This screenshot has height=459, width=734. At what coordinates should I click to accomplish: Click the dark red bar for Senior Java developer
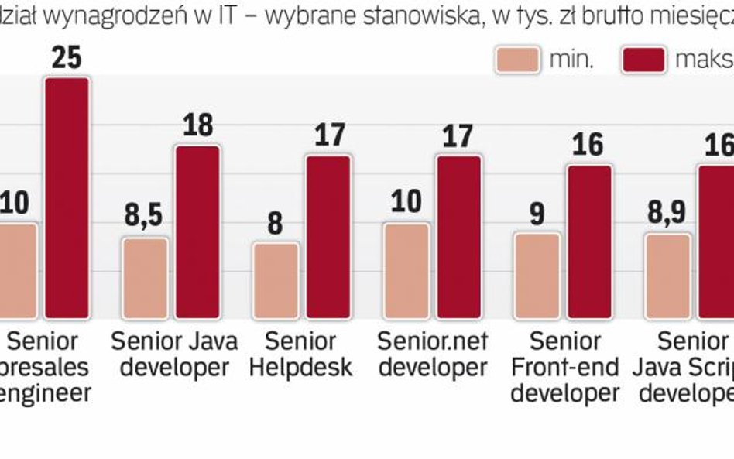[197, 231]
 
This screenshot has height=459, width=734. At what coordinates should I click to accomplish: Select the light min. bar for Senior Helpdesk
[275, 280]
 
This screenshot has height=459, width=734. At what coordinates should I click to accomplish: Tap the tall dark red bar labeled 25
[66, 198]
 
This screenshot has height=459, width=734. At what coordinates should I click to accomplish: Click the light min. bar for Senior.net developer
[406, 270]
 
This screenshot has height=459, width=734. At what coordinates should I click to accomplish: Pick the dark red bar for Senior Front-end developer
[590, 241]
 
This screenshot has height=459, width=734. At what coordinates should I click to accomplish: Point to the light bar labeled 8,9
[667, 276]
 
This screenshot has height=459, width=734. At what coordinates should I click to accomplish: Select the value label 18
[197, 125]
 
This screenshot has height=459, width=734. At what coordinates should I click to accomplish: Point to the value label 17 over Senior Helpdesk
[328, 135]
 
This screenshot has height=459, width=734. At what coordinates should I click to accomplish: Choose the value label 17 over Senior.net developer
[459, 135]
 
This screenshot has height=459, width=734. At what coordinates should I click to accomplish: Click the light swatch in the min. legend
[516, 60]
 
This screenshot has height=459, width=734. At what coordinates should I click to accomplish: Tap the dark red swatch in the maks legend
[643, 60]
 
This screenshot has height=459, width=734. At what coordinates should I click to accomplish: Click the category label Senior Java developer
[174, 353]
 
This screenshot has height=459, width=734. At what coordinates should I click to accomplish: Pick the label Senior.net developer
[432, 353]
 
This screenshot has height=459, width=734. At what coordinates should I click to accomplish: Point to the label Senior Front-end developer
[565, 366]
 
